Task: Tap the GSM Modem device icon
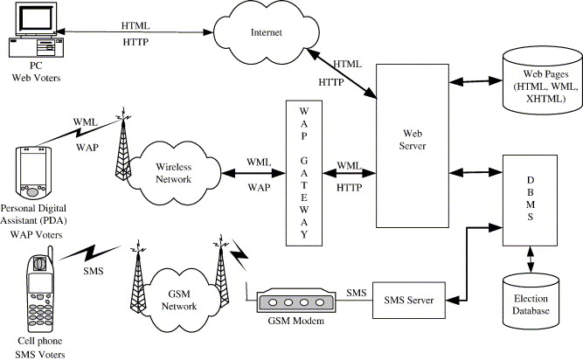[296, 300]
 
